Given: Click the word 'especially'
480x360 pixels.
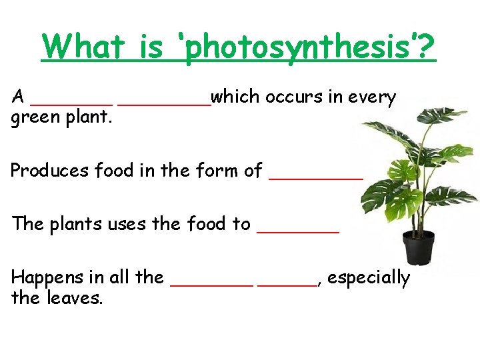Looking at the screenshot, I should (x=369, y=278).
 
